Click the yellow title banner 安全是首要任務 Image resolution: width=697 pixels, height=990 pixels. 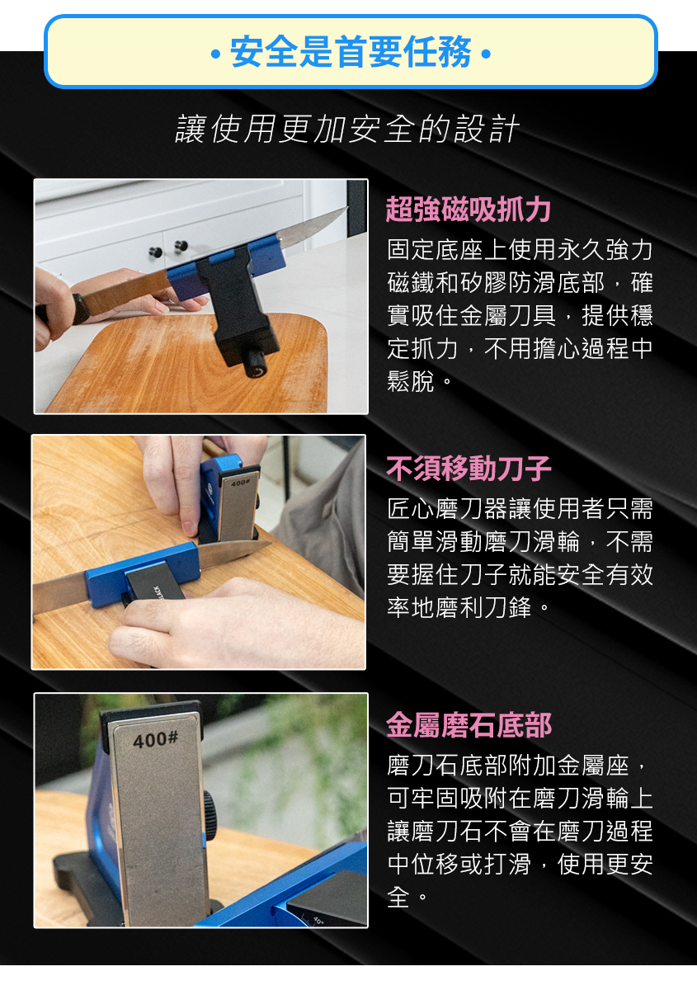[351, 52]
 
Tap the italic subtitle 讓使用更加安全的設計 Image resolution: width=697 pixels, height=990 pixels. [347, 129]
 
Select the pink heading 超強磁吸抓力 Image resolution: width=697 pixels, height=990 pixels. [468, 209]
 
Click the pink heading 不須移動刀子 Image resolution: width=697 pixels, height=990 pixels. [469, 469]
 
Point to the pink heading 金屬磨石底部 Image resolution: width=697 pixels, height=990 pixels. [469, 725]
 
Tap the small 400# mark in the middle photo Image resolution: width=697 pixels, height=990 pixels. [240, 483]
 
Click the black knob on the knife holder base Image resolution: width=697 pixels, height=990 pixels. [256, 364]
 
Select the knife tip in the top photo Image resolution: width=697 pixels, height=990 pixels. [346, 209]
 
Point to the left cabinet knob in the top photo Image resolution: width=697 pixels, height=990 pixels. [155, 252]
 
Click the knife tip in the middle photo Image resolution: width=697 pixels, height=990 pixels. [269, 544]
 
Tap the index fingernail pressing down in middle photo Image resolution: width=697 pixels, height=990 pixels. [190, 528]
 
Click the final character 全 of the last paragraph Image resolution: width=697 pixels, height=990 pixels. [398, 897]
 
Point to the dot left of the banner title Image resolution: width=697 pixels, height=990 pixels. [215, 54]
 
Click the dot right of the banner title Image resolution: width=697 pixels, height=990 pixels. [485, 54]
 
